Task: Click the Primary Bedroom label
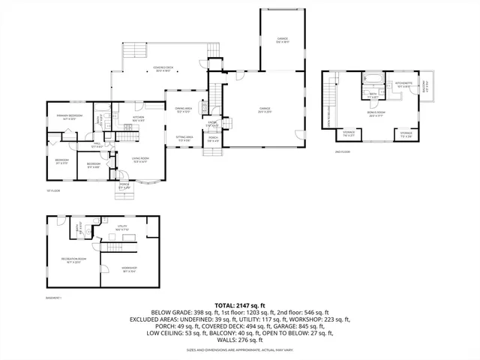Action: tap(68, 116)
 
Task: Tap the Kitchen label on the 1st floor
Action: tap(139, 118)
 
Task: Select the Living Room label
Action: tap(140, 159)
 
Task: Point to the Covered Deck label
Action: tap(160, 69)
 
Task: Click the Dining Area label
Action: tap(184, 110)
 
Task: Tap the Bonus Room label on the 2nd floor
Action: tap(376, 113)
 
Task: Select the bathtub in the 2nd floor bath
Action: tap(373, 78)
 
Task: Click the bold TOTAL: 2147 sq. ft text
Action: tap(240, 306)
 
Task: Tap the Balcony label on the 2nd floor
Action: tap(424, 87)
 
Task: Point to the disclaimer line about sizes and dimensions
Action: tap(240, 350)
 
